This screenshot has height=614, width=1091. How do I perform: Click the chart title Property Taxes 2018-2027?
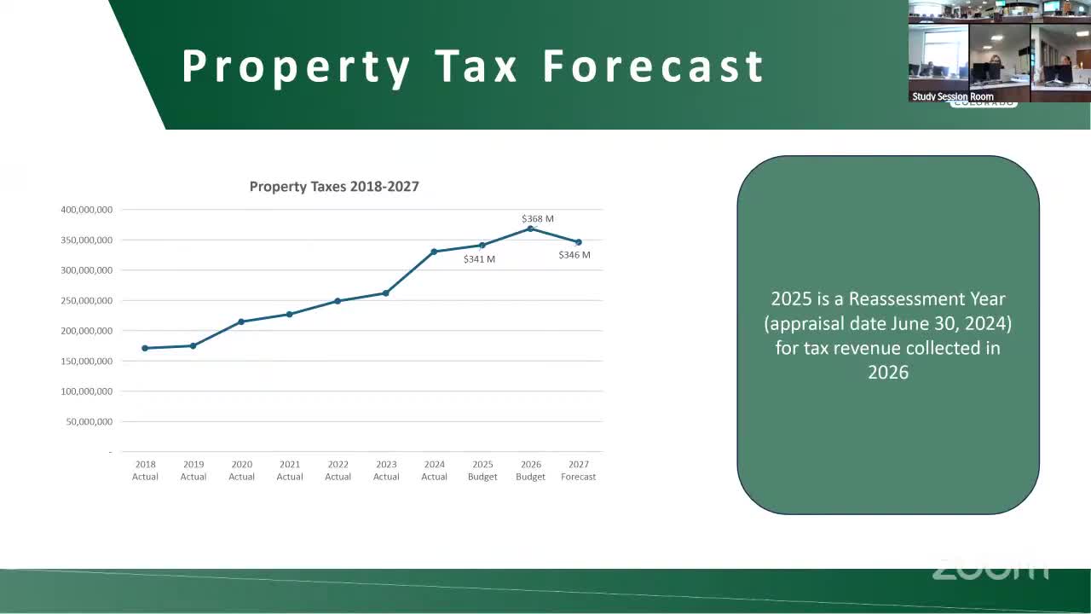point(334,186)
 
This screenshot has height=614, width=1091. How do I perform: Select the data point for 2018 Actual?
point(145,348)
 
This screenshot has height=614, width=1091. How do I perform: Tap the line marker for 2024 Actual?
point(434,252)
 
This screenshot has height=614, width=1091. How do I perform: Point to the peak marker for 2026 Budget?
point(530,229)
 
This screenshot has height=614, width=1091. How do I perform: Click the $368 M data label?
point(538,219)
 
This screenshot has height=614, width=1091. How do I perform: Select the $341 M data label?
point(479,259)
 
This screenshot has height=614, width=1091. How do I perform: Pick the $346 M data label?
point(574,255)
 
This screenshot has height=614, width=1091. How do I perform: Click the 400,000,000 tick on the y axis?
point(86,210)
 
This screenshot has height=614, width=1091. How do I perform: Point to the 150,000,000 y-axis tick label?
point(86,362)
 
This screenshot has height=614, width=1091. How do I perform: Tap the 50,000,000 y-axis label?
point(89,422)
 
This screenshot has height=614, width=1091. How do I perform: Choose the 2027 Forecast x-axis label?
point(579,471)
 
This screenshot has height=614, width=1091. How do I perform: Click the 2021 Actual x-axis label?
point(290,471)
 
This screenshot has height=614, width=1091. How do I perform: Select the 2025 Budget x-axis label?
point(482,471)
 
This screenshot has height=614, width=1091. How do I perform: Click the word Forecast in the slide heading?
point(654,67)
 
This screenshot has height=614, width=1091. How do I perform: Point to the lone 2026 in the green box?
point(888,373)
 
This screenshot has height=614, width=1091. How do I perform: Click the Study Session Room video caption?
point(952,96)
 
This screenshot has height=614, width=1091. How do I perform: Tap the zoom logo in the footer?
point(990,570)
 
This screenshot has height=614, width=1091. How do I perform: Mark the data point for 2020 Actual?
point(241,321)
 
